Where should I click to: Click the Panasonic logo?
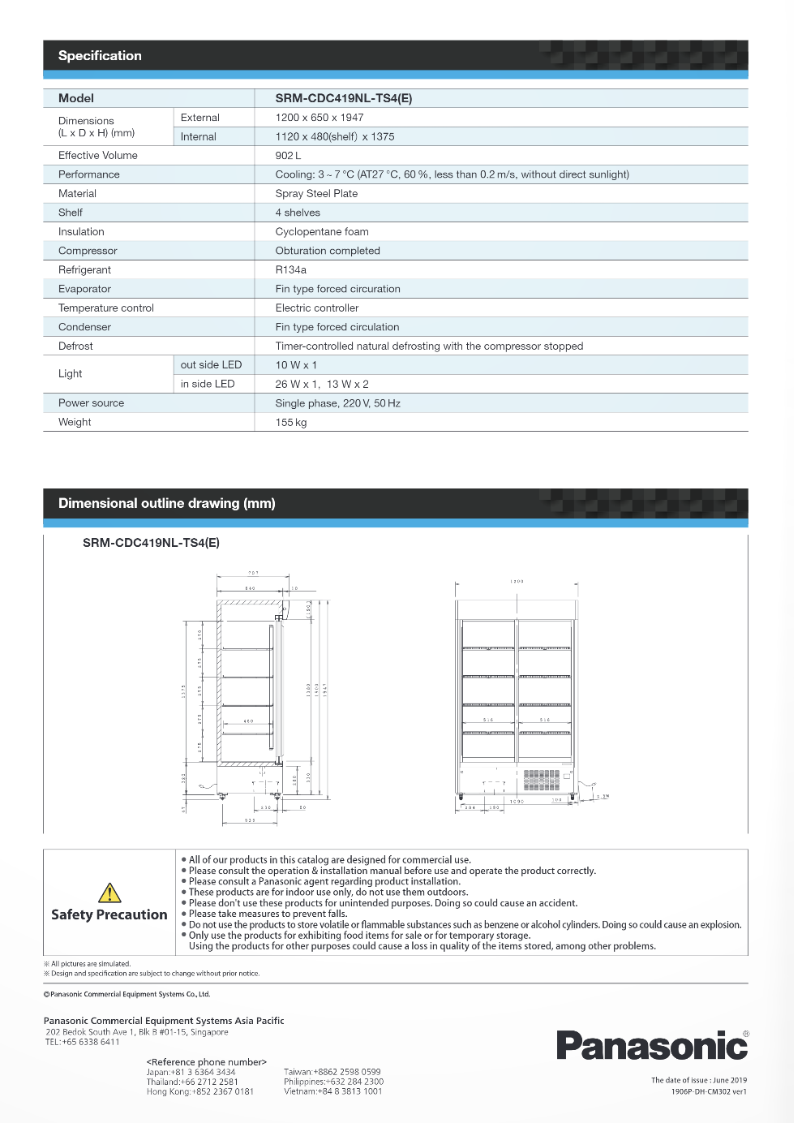651,1045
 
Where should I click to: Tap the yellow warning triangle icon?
109,893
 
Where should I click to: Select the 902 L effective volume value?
288,156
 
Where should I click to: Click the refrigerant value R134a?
290,270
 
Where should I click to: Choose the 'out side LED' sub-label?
211,365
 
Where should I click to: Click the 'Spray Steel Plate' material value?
316,194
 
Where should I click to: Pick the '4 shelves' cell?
298,213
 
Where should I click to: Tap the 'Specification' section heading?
100,56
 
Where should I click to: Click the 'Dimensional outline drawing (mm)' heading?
166,504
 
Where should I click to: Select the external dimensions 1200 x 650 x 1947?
320,118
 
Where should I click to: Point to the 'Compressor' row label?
88,251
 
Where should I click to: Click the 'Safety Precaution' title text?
109,915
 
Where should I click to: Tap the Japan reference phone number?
191,1072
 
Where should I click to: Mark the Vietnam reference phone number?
332,1091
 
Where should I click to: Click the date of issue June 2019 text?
698,1080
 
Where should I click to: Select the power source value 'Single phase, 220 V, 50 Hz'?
337,403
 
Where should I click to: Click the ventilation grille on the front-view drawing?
541,780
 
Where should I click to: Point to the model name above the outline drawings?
151,543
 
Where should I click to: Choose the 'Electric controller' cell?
316,308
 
